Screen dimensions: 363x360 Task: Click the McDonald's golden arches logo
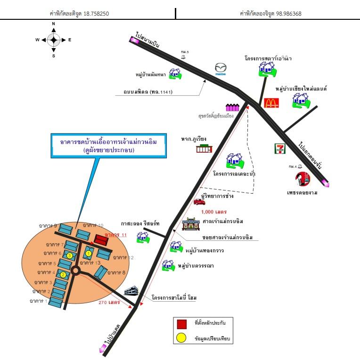[x=271, y=102]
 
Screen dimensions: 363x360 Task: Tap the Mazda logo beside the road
[x=221, y=69]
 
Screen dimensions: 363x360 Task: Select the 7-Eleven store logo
[x=279, y=148]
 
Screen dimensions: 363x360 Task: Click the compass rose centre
[x=53, y=40]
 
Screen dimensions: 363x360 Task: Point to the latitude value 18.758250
[x=96, y=14]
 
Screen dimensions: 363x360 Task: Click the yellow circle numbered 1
[x=88, y=254]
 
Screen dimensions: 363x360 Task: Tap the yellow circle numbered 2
[x=63, y=275]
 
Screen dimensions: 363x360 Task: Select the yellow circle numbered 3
[x=69, y=256]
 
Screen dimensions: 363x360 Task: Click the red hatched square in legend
[x=181, y=324]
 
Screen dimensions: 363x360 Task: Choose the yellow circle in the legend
[x=181, y=338]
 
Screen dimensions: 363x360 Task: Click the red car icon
[x=199, y=202]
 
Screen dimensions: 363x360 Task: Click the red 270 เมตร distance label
[x=109, y=302]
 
